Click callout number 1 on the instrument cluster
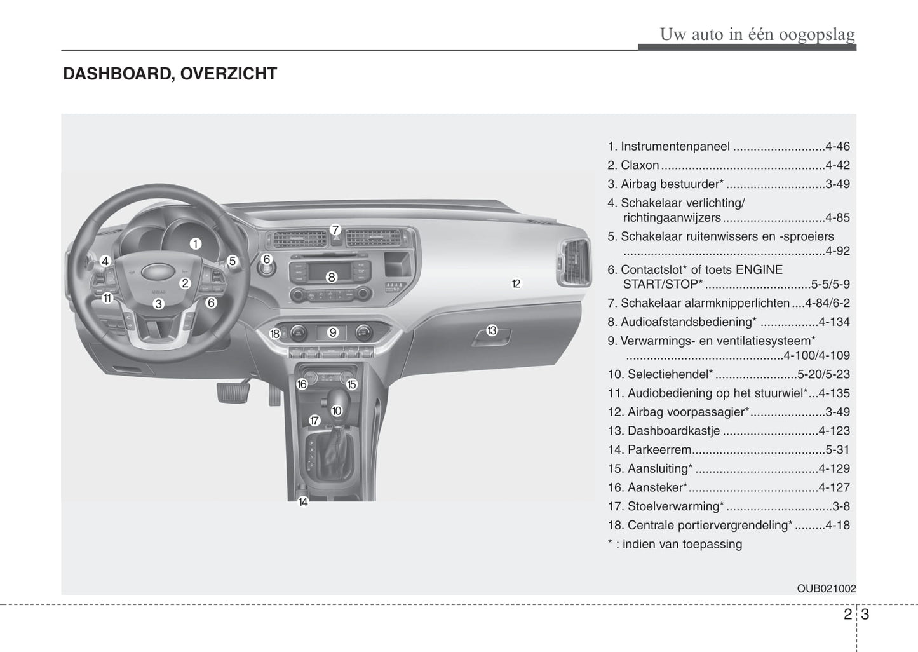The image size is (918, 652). [195, 243]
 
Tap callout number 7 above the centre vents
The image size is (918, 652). [335, 230]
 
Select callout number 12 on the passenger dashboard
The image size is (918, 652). [516, 283]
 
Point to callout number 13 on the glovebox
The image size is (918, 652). [492, 330]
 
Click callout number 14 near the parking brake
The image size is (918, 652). [303, 501]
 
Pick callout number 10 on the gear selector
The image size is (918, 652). [336, 411]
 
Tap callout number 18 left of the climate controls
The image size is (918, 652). [275, 334]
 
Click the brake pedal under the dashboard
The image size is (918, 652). [233, 391]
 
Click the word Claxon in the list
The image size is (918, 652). [640, 165]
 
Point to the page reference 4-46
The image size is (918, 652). [837, 146]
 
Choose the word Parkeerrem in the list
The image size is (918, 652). [659, 450]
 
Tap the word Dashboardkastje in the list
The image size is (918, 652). [673, 431]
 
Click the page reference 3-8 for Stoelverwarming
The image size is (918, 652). [841, 506]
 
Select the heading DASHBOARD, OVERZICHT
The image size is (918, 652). [170, 74]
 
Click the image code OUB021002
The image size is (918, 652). [827, 588]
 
